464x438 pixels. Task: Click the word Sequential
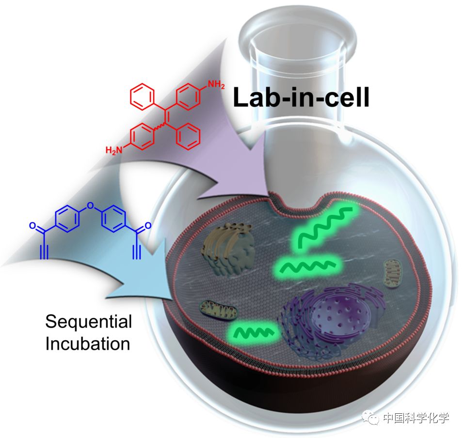88,322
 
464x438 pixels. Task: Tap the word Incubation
88,344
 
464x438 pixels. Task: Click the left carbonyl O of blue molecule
32,225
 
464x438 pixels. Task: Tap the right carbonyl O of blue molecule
148,225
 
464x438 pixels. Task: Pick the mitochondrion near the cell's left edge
218,309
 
